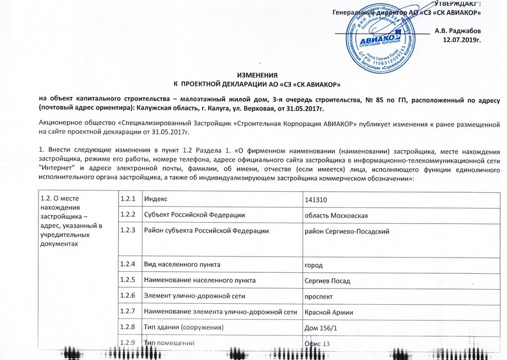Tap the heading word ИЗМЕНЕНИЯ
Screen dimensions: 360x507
pyautogui.click(x=257, y=75)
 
